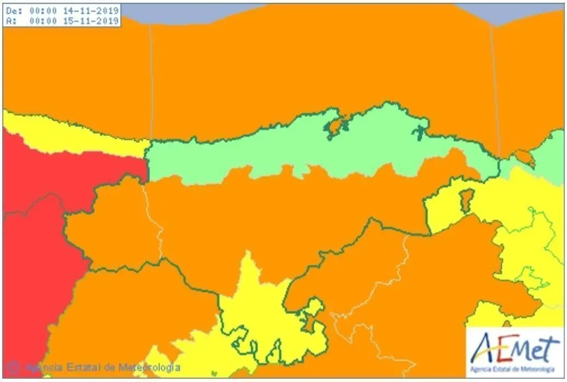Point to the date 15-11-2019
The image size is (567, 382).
[97, 20]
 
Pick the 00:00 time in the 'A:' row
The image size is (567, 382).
[44, 20]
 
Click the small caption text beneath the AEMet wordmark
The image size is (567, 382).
[515, 367]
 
